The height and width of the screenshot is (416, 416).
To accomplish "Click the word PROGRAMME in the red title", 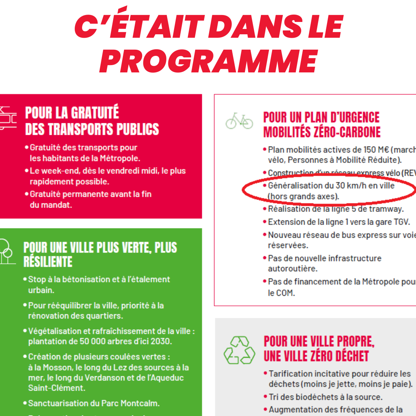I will point(208,61).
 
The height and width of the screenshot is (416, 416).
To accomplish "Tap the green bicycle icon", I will point(239,121).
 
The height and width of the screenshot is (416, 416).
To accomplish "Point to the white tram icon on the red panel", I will point(8,118).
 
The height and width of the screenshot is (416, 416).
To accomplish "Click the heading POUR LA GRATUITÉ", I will point(72,113).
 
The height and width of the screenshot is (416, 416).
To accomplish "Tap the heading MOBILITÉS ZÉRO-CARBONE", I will point(322,132).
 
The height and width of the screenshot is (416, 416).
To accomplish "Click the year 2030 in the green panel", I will point(161,341).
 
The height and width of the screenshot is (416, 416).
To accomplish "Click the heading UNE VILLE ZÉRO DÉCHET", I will point(316,356).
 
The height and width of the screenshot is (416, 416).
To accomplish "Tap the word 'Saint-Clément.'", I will point(56,388).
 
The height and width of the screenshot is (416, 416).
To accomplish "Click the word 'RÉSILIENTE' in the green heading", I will point(48,262).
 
